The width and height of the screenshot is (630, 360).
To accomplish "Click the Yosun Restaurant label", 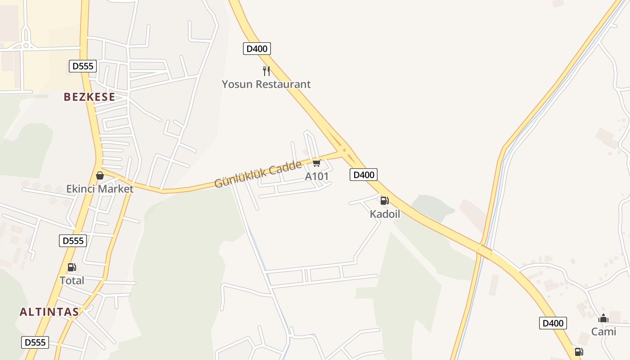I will click(266, 84).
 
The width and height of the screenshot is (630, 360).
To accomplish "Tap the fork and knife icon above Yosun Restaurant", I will click(266, 71).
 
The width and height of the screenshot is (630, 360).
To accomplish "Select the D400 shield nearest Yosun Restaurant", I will click(257, 49).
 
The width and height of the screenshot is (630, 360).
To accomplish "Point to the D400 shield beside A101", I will click(363, 175).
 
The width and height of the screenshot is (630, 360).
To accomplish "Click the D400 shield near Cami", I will click(553, 323).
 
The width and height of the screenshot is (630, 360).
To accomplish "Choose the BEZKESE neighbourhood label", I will click(89, 97).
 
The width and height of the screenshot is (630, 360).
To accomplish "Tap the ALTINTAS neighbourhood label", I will click(49, 311).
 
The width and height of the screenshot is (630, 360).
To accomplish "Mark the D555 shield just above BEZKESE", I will click(83, 66).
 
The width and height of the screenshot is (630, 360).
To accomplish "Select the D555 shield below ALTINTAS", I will click(35, 342).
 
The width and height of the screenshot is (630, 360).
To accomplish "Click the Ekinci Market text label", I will click(100, 189).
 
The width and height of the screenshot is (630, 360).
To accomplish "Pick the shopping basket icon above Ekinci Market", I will click(100, 175).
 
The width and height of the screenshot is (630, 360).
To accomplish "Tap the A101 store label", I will click(317, 176).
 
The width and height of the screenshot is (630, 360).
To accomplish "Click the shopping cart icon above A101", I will click(317, 163).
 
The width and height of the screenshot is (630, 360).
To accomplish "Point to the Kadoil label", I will click(385, 214).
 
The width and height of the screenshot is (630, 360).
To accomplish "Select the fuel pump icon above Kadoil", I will click(384, 201).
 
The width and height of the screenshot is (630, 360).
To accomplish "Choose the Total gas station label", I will click(72, 281).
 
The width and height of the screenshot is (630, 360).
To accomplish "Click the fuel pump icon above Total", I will click(72, 267).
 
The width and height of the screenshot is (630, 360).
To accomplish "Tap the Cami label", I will click(603, 332).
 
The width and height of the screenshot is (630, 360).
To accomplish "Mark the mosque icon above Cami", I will click(603, 319).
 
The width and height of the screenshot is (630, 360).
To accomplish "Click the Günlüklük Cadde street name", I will click(258, 174).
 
